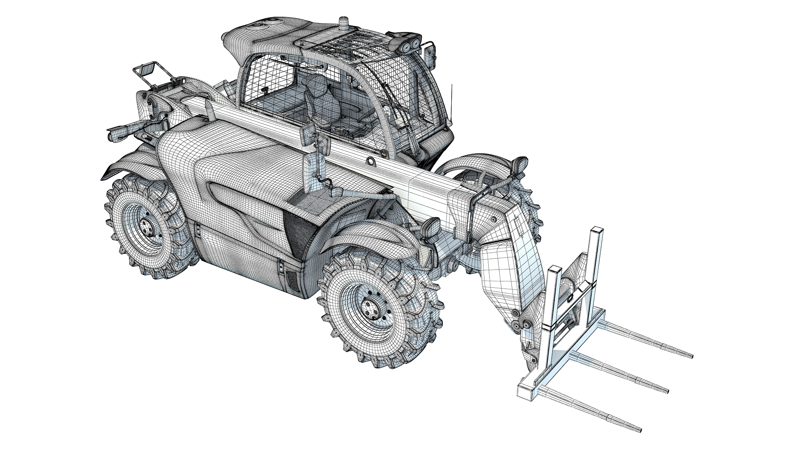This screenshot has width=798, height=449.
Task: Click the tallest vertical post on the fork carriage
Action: click(595, 255)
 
